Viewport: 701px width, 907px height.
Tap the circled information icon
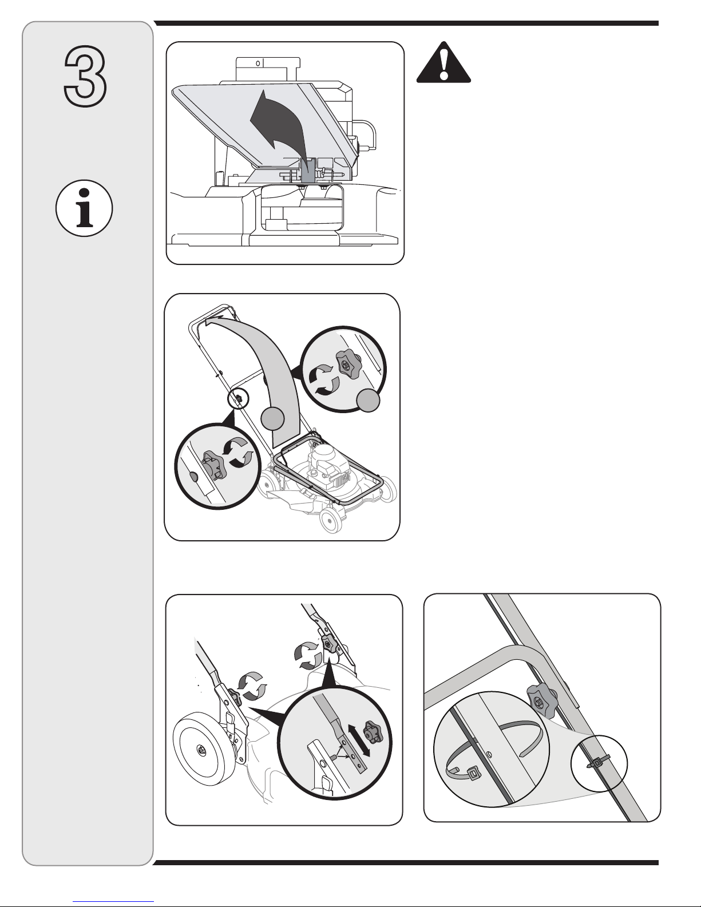click(84, 208)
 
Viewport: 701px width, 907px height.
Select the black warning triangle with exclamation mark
click(443, 62)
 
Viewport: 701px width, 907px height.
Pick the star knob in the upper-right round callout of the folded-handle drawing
click(347, 365)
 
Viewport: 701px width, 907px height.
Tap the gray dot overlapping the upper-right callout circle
click(369, 401)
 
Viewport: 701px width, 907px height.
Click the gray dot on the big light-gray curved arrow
click(272, 419)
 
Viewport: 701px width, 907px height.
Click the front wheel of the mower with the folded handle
click(332, 520)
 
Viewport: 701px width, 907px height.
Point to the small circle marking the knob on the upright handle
click(238, 399)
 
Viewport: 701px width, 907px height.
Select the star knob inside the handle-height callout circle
click(371, 732)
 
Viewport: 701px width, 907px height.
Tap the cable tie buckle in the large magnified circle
click(473, 774)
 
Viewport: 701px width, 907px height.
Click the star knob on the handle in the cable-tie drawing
click(541, 700)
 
